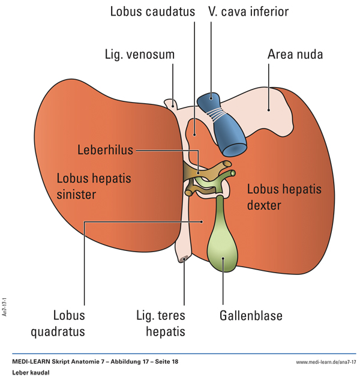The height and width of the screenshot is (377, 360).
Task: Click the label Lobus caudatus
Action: tap(152, 11)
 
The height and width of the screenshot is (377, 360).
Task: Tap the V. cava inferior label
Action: tap(248, 11)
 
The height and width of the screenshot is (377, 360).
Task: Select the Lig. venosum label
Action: tap(139, 55)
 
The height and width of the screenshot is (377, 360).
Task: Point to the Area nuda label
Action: tap(295, 55)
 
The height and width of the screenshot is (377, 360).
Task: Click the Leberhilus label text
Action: tap(105, 149)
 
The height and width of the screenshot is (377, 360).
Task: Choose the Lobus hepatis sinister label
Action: tap(94, 186)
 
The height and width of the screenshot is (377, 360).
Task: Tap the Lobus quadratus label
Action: tap(69, 323)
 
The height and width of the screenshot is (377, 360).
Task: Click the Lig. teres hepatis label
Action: tap(160, 323)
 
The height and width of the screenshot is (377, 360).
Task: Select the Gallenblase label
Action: tap(250, 315)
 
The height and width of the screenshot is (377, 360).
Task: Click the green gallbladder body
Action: tap(223, 246)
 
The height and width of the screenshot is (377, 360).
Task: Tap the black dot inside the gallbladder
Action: tap(223, 259)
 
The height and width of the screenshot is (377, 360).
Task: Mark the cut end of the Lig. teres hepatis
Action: tap(184, 259)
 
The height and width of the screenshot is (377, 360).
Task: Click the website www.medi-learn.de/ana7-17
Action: tap(326, 362)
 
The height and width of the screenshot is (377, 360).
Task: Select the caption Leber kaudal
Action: tap(30, 372)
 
